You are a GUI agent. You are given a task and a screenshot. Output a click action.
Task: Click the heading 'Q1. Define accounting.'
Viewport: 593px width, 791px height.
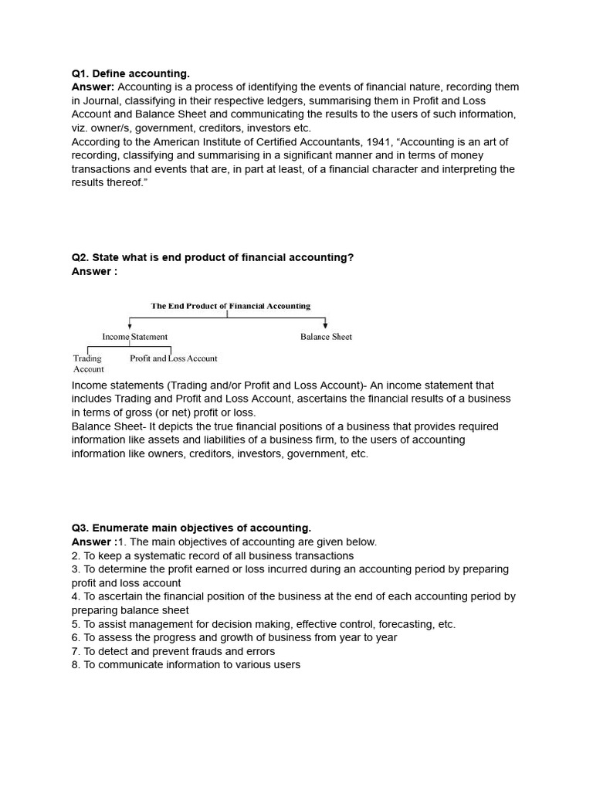pyautogui.click(x=130, y=73)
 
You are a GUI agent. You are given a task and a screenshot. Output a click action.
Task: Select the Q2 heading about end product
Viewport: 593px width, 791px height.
pyautogui.click(x=212, y=257)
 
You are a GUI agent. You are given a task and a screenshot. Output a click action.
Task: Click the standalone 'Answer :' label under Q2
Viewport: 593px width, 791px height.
pyautogui.click(x=94, y=271)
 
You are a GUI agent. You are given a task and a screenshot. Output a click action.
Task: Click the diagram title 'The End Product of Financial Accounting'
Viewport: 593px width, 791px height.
pyautogui.click(x=230, y=306)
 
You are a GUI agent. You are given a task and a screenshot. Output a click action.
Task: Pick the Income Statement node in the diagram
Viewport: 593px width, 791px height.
pyautogui.click(x=134, y=337)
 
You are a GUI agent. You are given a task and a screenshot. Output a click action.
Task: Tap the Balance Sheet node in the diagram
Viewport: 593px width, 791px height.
pyautogui.click(x=326, y=337)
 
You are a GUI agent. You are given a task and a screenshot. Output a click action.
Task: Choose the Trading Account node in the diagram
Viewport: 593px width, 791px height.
pyautogui.click(x=88, y=364)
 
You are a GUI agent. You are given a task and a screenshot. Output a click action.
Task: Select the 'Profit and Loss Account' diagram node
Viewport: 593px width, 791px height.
pyautogui.click(x=174, y=358)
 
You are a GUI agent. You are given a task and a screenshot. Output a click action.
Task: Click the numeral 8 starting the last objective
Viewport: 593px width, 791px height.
pyautogui.click(x=75, y=665)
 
